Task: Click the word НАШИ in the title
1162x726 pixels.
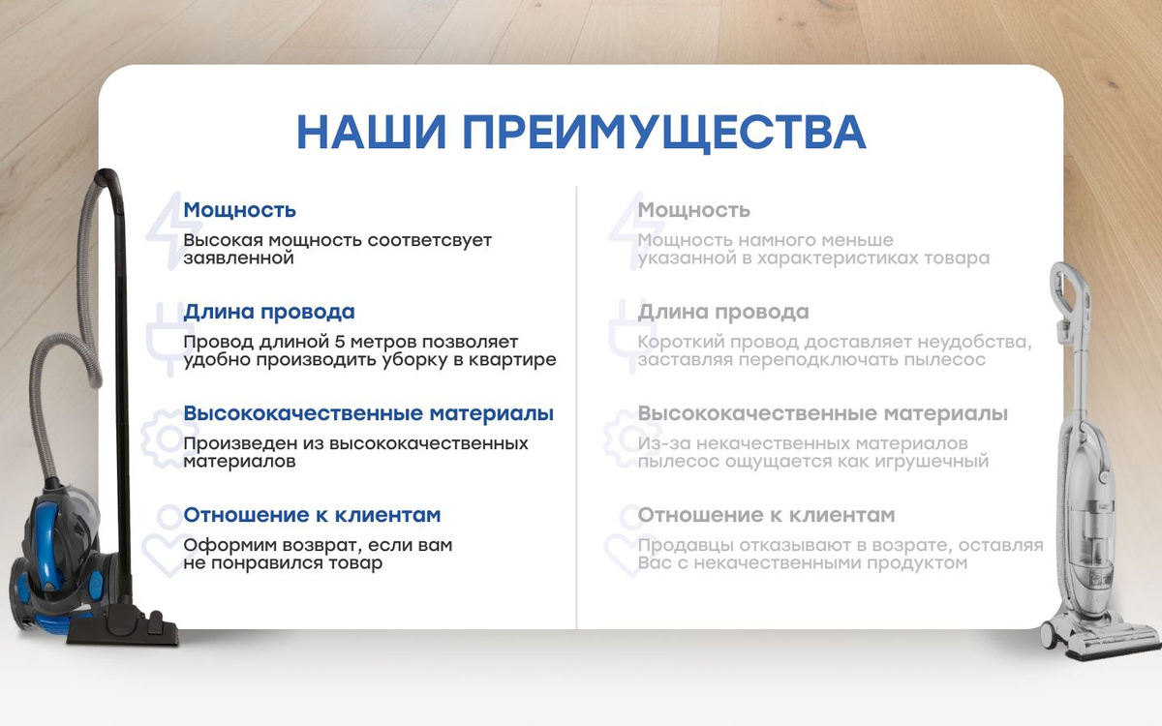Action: tap(371, 132)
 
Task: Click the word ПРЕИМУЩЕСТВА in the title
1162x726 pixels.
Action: tap(664, 134)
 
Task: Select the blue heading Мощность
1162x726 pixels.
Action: tap(240, 210)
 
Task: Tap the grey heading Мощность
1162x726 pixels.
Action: tap(694, 210)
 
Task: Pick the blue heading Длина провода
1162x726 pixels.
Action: tap(269, 312)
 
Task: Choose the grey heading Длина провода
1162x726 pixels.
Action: tap(723, 312)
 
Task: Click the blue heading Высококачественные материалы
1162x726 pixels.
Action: tap(369, 413)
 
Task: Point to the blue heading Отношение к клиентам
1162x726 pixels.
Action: tap(312, 515)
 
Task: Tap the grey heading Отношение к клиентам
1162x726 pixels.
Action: tap(767, 515)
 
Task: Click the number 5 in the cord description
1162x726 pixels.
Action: tap(340, 342)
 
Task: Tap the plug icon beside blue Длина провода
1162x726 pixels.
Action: tap(170, 339)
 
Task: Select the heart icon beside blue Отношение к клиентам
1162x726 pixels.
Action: tap(169, 541)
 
